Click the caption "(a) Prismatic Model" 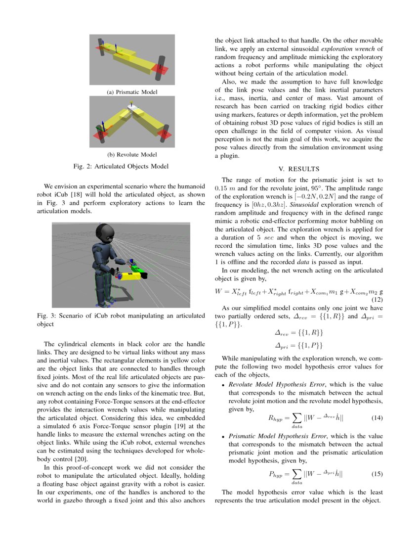pyautogui.click(x=132, y=92)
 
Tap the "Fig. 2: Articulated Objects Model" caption pyautogui.click(x=121, y=166)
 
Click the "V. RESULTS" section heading pyautogui.click(x=298, y=169)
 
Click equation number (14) pyautogui.click(x=377, y=418)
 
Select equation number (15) pyautogui.click(x=377, y=474)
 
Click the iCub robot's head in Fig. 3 pyautogui.click(x=106, y=233)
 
